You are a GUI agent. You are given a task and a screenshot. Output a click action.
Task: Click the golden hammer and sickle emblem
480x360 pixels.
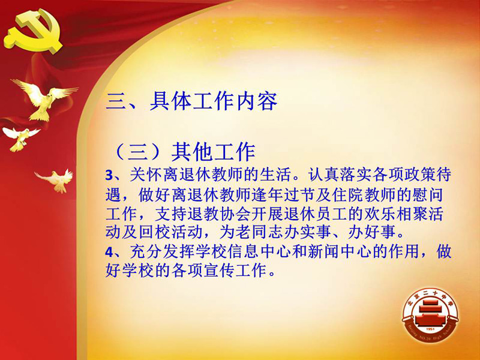tap(33, 31)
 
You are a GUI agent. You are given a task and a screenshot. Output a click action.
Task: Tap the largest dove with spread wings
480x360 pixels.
tap(44, 98)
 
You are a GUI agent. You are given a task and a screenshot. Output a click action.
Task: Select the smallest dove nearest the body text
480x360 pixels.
tap(56, 181)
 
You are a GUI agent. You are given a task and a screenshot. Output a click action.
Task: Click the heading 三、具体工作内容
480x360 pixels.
tap(191, 101)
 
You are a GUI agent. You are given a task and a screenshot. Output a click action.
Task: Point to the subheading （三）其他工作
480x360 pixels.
tap(184, 151)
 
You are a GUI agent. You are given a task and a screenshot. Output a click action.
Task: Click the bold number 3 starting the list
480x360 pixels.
tap(109, 175)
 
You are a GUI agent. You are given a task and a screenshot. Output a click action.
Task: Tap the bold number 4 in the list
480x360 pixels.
tap(109, 252)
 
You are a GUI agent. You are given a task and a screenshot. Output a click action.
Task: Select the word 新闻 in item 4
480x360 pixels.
tap(323, 251)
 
